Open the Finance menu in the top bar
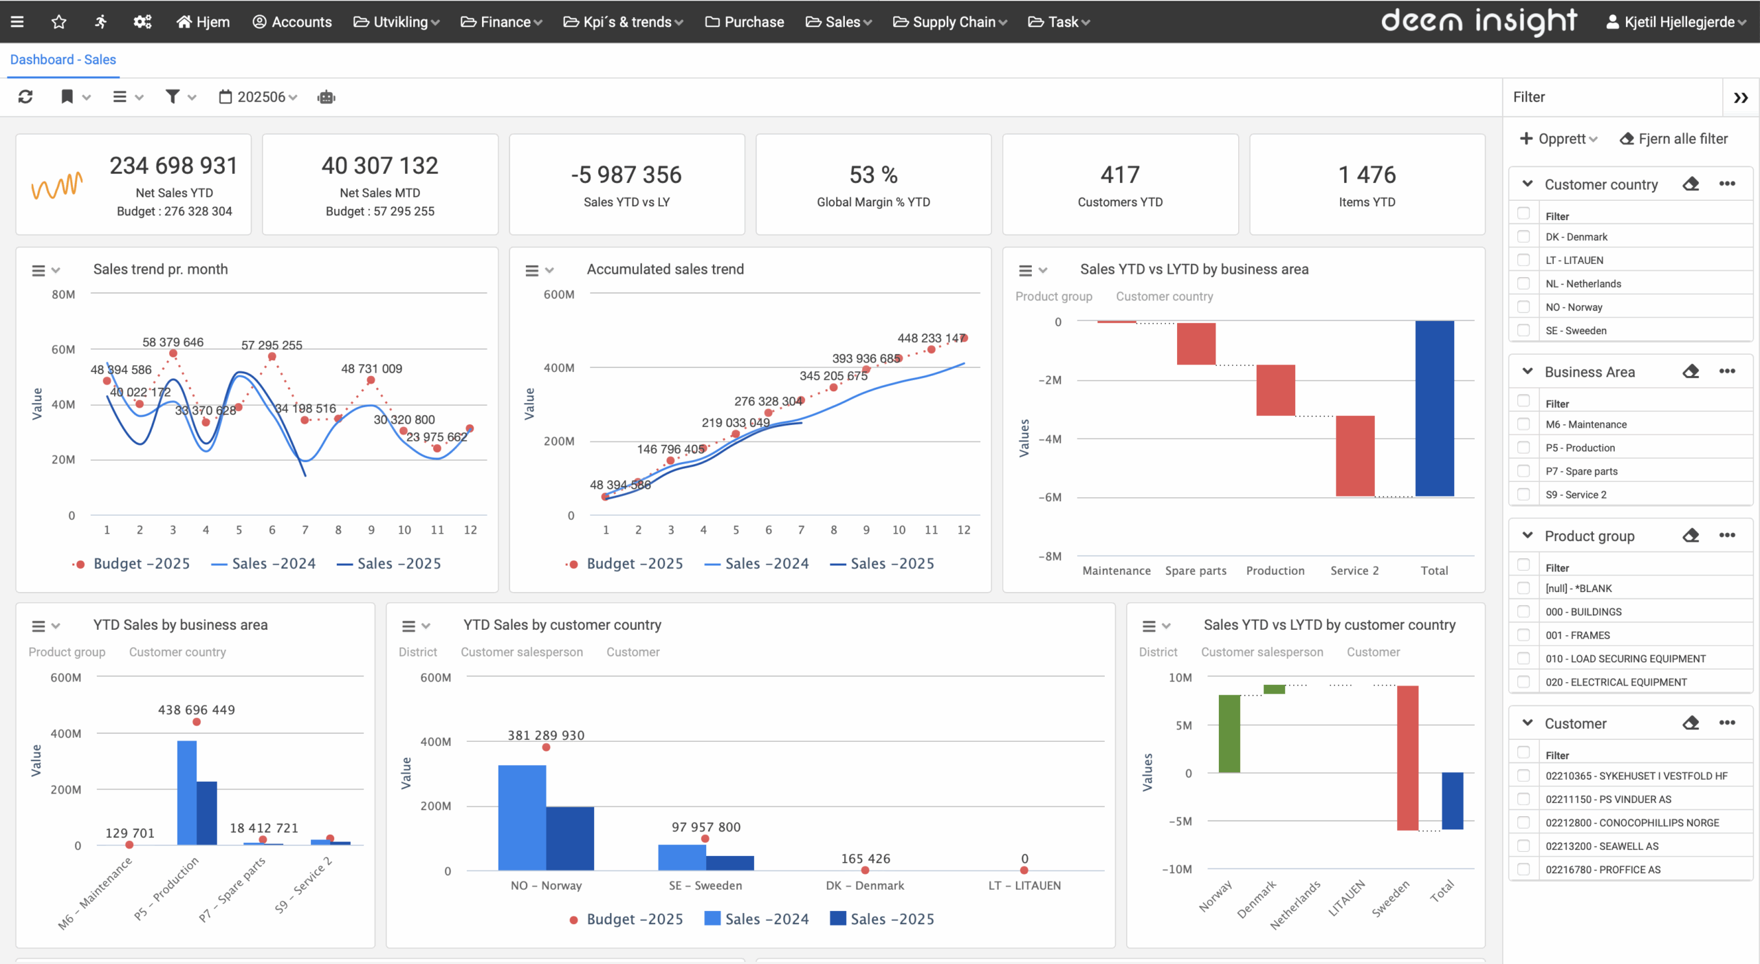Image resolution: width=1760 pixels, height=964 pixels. click(x=501, y=22)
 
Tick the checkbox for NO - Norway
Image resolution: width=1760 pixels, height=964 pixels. click(x=1523, y=307)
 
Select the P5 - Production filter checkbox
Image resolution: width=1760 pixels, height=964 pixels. click(x=1523, y=448)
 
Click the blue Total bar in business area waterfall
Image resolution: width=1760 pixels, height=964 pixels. click(x=1434, y=408)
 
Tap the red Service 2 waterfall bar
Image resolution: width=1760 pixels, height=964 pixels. click(x=1354, y=455)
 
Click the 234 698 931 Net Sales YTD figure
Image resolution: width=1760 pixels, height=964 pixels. click(x=173, y=166)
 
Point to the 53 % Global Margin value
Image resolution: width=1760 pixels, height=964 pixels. click(x=873, y=175)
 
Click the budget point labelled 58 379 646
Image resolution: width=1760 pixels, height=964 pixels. click(x=173, y=353)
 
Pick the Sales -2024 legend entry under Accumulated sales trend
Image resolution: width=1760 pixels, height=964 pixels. click(x=757, y=564)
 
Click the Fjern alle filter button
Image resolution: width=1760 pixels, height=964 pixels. click(x=1673, y=139)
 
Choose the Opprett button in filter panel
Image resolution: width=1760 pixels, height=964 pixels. click(x=1558, y=139)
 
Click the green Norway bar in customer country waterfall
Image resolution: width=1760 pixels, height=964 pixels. click(x=1229, y=734)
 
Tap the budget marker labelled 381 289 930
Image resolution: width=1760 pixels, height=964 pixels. click(x=546, y=747)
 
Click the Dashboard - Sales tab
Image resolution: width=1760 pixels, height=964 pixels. click(x=63, y=60)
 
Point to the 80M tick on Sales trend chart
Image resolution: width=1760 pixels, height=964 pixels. click(x=63, y=294)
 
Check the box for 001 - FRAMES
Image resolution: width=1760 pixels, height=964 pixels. click(x=1523, y=635)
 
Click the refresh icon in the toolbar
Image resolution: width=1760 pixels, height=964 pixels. click(x=25, y=97)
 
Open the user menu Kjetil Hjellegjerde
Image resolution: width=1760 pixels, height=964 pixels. click(x=1676, y=22)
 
